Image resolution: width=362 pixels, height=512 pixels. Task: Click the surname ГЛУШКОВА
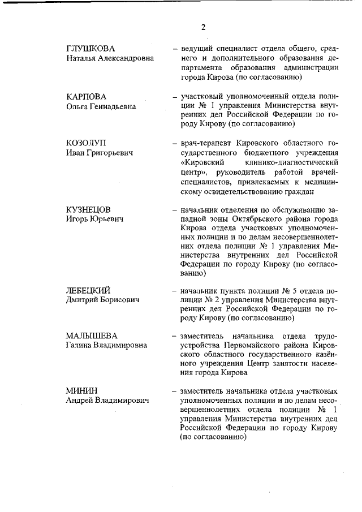(92, 49)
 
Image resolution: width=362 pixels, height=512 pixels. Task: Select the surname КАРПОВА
(86, 96)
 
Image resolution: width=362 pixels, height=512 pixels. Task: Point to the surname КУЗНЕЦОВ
(88, 209)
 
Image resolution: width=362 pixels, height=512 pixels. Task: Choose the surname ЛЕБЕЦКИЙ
(89, 290)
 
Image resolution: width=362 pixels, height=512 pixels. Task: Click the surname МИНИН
(82, 391)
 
